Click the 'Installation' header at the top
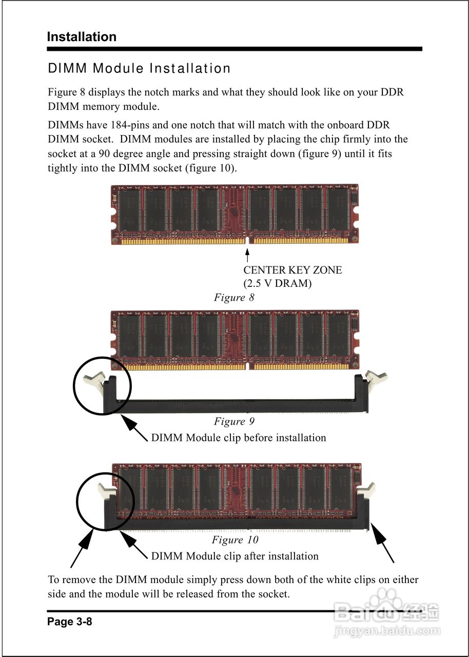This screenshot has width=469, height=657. tap(82, 37)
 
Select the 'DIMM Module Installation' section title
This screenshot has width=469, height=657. tap(139, 68)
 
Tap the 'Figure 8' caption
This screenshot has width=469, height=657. tap(234, 298)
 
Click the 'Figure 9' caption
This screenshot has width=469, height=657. tap(234, 421)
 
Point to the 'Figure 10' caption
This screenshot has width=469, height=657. tap(235, 540)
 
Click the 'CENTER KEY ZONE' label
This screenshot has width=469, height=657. tap(292, 270)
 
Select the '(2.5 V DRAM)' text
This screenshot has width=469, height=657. tap(277, 283)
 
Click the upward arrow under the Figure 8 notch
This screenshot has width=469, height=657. tap(248, 256)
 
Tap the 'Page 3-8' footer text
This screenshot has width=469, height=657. tap(70, 622)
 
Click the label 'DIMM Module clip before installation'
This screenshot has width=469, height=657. tap(239, 438)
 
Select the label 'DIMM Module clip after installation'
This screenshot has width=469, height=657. tap(234, 556)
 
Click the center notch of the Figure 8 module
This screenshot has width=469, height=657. tap(248, 240)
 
